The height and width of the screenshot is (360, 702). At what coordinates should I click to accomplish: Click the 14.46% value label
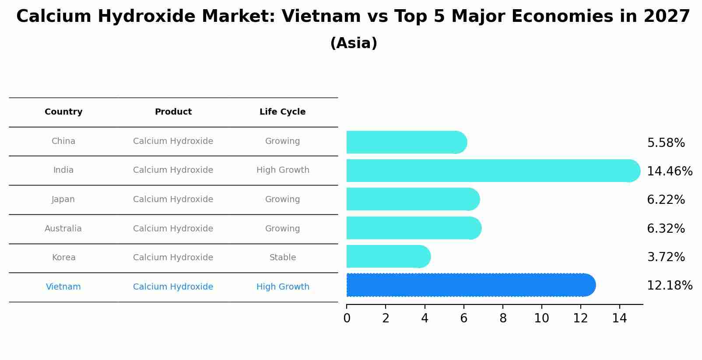coord(669,171)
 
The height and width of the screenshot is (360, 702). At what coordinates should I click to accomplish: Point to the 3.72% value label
coord(666,257)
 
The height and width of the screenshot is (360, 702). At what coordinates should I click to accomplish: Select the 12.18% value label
coord(669,286)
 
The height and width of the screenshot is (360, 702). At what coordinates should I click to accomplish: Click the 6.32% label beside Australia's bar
coord(666,228)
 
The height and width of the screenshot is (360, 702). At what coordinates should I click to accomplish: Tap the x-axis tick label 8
coord(503,318)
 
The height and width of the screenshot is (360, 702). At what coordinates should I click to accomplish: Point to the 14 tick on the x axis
coord(619,318)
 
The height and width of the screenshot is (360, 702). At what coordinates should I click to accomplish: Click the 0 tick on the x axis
coord(347,318)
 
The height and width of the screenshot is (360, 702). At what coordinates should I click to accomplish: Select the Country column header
coord(63,112)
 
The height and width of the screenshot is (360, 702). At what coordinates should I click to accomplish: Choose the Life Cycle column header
coord(282,112)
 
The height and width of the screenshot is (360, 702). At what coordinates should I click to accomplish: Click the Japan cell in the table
coord(63,199)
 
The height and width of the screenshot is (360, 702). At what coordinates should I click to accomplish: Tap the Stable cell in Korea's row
coord(282,258)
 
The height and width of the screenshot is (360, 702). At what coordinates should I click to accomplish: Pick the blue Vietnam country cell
coord(63,287)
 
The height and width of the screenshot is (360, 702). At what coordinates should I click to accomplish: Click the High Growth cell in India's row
coord(282,170)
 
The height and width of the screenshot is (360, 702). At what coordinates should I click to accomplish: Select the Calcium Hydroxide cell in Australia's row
coord(173,229)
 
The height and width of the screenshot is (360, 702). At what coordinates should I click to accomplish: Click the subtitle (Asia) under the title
coord(354,43)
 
